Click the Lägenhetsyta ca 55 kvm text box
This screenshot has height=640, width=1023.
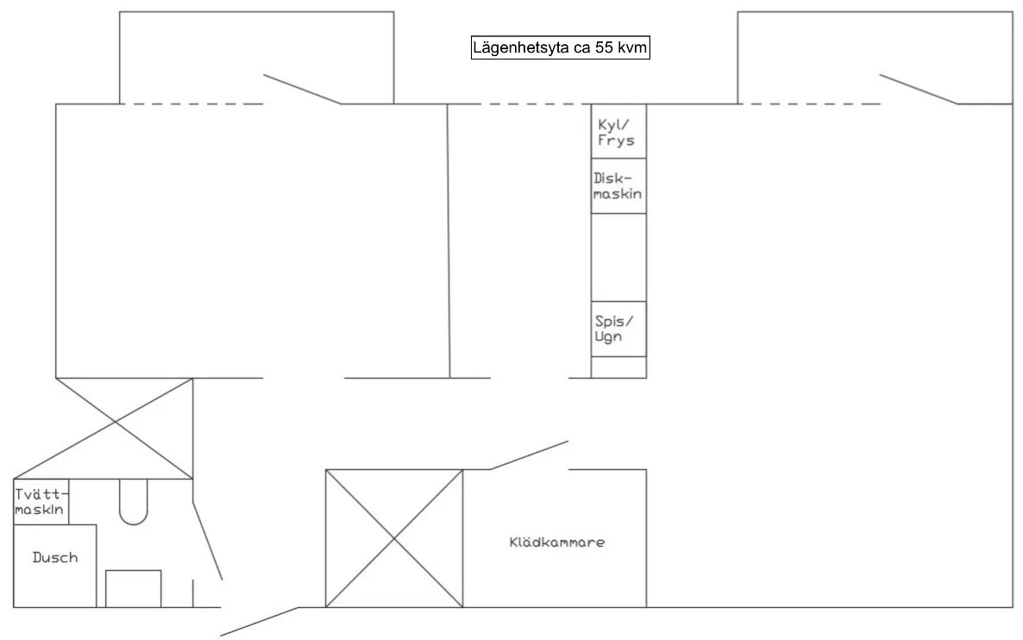click(561, 47)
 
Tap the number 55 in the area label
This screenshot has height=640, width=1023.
click(604, 47)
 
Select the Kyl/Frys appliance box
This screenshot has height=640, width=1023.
click(618, 131)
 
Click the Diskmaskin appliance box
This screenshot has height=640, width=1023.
click(618, 186)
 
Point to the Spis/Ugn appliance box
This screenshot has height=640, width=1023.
click(618, 329)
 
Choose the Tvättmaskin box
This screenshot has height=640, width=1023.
click(41, 502)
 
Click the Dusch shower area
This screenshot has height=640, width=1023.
click(55, 566)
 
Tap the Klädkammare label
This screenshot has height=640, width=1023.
click(557, 543)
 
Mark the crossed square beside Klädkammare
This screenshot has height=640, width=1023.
click(394, 538)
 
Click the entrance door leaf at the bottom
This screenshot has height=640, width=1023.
click(260, 621)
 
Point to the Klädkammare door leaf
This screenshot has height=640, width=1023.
click(529, 455)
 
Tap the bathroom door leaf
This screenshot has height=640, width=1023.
click(208, 540)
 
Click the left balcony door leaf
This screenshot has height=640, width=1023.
click(302, 89)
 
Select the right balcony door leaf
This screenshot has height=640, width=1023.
click(919, 89)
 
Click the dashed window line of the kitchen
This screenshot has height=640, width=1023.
click(519, 104)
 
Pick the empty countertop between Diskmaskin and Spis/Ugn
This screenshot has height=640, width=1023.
click(618, 257)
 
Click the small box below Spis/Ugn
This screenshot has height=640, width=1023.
click(618, 367)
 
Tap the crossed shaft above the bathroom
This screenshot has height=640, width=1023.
click(115, 423)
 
